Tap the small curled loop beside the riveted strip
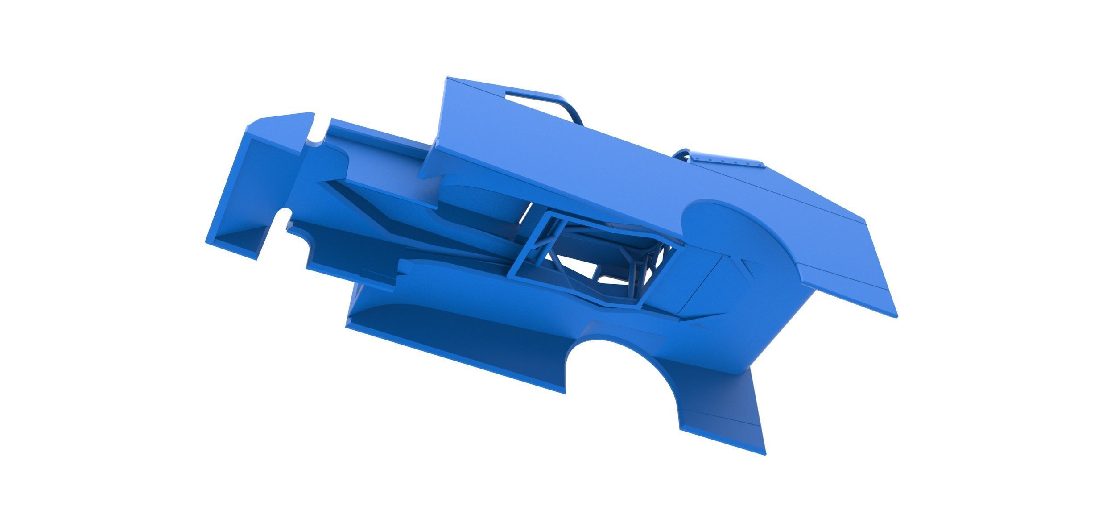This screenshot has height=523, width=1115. (682, 154)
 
